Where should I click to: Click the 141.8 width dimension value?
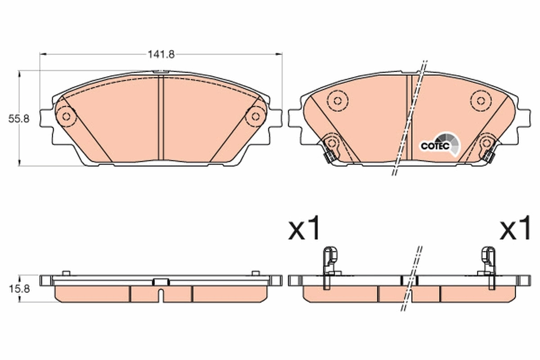[x=161, y=54]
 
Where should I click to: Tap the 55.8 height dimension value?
[x=19, y=119]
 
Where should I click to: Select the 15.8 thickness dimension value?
[x=19, y=289]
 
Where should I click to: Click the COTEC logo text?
[x=435, y=146]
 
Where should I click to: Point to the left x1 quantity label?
[x=304, y=228]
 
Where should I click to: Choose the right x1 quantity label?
[x=515, y=228]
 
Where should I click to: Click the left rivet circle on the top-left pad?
[x=66, y=117]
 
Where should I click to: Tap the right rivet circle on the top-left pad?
[x=255, y=117]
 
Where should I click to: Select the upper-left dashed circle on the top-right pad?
[x=338, y=100]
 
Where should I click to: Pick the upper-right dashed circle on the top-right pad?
[x=481, y=100]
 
